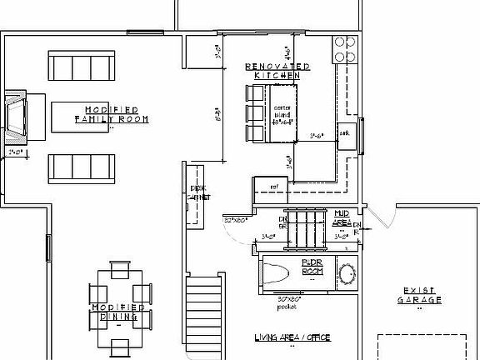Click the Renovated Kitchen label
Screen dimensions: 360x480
[x=277, y=71]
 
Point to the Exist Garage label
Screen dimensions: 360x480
[x=419, y=295]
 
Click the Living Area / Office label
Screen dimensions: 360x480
[x=292, y=337]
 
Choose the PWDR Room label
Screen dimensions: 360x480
[x=312, y=267]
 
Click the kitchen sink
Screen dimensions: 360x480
[x=345, y=136]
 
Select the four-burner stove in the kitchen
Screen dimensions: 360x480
[x=343, y=49]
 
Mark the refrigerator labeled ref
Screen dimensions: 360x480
[x=272, y=187]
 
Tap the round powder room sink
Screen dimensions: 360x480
[x=345, y=274]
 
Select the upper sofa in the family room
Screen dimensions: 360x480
[x=81, y=65]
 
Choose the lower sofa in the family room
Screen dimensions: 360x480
[x=81, y=167]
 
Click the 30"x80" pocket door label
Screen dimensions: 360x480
[x=288, y=302]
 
